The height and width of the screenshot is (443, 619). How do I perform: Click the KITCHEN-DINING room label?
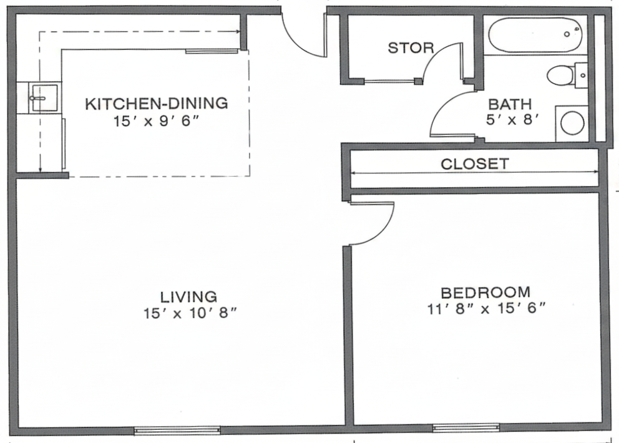pos(157,104)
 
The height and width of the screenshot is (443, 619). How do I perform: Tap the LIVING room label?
pos(188,296)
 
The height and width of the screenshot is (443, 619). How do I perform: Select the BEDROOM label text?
pos(485,293)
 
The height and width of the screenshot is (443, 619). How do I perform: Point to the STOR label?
pos(411,48)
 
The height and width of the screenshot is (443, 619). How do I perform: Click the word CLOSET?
pos(475,164)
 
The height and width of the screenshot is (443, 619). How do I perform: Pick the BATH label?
pos(510,104)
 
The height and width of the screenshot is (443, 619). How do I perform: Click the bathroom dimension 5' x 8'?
pos(512,120)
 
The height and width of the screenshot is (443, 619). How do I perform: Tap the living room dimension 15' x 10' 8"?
pos(190,313)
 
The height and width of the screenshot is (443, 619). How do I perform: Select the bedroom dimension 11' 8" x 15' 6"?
pos(486,308)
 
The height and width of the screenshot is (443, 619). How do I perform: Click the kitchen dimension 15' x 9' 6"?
pos(155,121)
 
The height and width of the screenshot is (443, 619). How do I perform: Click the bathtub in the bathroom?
pos(535,35)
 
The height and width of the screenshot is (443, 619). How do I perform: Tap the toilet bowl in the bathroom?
pos(560,75)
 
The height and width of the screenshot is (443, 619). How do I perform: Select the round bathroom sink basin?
pos(572,122)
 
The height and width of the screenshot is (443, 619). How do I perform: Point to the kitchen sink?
pos(44,97)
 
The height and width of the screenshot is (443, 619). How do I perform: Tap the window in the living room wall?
pos(177,430)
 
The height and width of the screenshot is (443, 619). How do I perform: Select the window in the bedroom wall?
pos(466,427)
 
